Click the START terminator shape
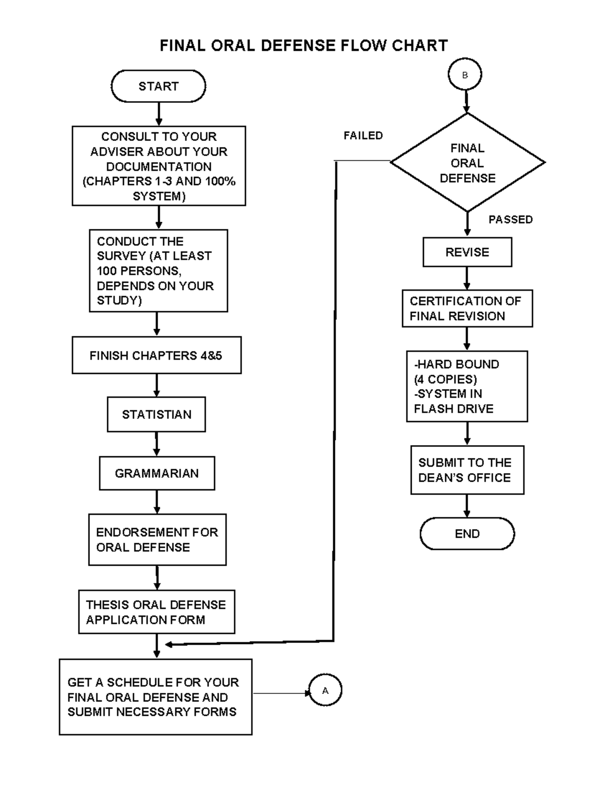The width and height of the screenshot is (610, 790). click(x=158, y=86)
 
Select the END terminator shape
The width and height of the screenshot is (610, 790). click(x=467, y=534)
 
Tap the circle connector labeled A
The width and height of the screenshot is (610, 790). click(x=325, y=690)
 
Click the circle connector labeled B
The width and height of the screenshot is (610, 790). click(x=465, y=75)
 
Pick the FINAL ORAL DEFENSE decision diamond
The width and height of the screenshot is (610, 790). click(x=467, y=163)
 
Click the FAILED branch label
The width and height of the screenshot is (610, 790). click(x=363, y=135)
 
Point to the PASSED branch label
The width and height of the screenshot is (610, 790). click(x=510, y=219)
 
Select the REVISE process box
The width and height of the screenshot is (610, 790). click(x=467, y=252)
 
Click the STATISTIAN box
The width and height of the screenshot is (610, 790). click(x=157, y=415)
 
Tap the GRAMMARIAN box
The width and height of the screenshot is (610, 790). click(x=157, y=473)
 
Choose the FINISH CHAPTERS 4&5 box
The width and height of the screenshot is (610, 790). click(x=156, y=355)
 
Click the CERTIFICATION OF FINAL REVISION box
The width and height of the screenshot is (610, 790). click(x=467, y=308)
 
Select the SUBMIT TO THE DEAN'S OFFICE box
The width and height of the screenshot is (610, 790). click(x=467, y=470)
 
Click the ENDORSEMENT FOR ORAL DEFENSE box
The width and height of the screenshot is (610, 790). click(x=157, y=539)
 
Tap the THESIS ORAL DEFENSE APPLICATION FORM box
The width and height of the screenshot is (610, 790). click(x=157, y=612)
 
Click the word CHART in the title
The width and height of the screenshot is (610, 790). click(x=419, y=46)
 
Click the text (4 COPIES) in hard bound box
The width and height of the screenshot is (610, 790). click(x=445, y=379)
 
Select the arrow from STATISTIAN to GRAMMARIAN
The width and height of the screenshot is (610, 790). click(x=157, y=444)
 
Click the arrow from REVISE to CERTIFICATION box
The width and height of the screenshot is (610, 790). click(x=467, y=278)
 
